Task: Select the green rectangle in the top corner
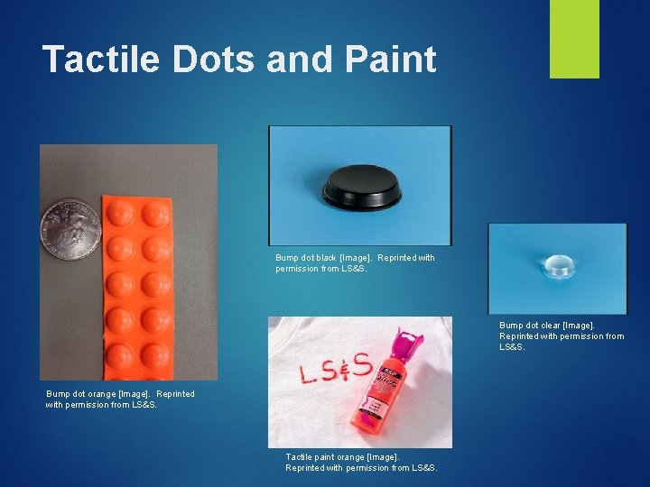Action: coord(574,38)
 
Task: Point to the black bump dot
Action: coord(360,187)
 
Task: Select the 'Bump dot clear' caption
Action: coord(561,335)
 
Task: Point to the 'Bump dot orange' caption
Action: coord(120,399)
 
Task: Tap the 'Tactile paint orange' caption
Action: coord(361,462)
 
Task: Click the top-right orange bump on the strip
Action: coord(155,214)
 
